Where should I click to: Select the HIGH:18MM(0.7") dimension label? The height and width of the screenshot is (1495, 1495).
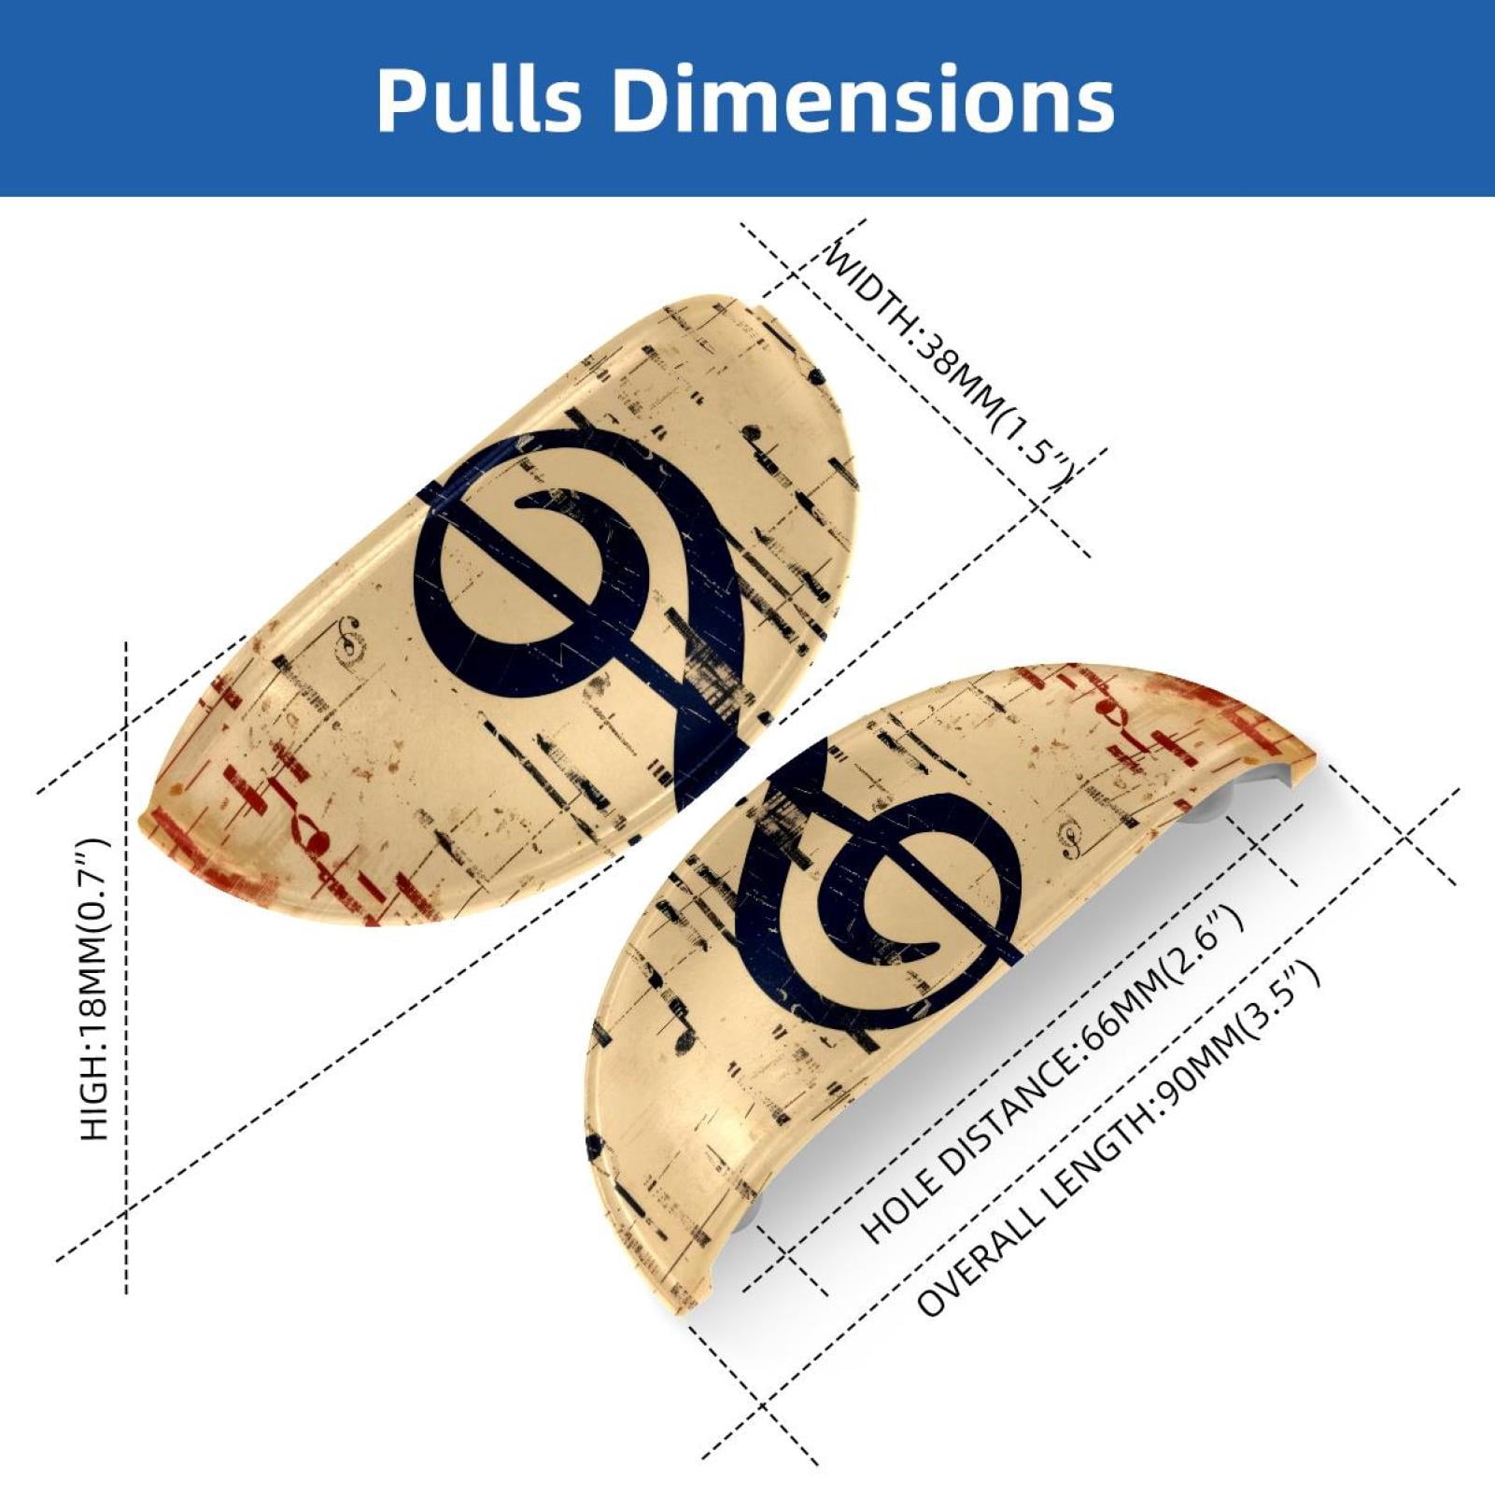coord(95,990)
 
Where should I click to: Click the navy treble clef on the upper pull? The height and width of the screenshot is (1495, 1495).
coord(598,598)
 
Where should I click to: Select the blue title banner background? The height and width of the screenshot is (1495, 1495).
coord(747,98)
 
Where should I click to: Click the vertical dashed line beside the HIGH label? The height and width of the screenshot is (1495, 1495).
coord(126,966)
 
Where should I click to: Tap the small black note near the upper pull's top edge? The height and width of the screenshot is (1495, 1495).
coord(819,375)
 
